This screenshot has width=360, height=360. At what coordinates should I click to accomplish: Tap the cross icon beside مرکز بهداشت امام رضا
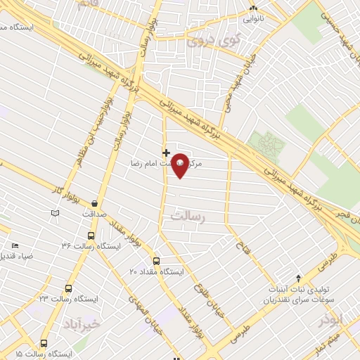(166, 152)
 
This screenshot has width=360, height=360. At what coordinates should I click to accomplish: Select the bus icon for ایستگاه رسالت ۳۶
(91, 236)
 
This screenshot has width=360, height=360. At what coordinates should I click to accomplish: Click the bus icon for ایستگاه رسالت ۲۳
(68, 288)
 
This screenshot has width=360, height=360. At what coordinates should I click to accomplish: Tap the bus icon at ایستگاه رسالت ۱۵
(44, 344)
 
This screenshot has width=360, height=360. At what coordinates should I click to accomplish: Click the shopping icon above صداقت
(94, 203)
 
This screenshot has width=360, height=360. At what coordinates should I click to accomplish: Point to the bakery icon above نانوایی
(254, 10)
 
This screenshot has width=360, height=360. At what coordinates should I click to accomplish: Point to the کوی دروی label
(214, 41)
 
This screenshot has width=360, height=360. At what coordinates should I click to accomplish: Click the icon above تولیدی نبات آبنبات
(297, 278)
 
